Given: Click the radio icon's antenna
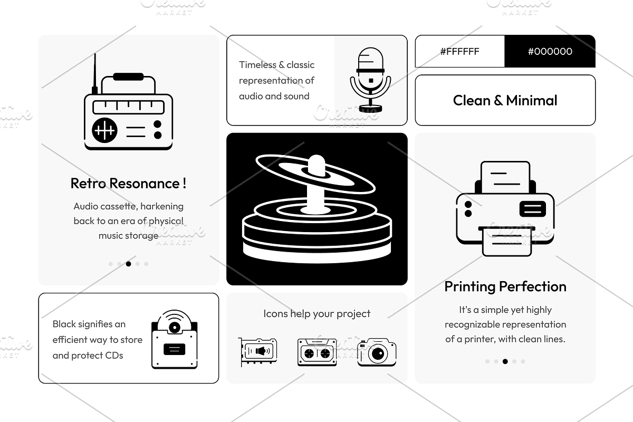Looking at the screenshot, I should (x=95, y=74).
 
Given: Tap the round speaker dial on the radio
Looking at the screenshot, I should (x=104, y=130).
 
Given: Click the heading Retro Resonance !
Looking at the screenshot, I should (x=128, y=184).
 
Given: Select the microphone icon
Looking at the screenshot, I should (x=370, y=79).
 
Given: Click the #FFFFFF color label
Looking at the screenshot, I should (x=459, y=51).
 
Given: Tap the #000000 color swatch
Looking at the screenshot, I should (x=550, y=51).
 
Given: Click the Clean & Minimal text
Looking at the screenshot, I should (x=505, y=100).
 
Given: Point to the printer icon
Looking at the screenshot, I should (x=505, y=208).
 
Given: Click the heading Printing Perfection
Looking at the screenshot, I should (x=505, y=286).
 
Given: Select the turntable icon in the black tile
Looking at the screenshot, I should (x=316, y=208).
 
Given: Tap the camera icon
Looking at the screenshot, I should (x=377, y=352).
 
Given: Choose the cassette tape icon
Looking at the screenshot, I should (x=316, y=352).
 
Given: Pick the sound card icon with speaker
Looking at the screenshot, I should (x=257, y=352).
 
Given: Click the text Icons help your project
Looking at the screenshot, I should (x=316, y=314).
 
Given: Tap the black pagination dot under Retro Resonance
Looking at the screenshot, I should (x=128, y=264).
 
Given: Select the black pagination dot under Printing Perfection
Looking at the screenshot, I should (x=505, y=361).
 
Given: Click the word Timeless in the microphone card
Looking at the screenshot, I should (x=257, y=65).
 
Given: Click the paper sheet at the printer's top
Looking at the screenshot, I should (x=505, y=177).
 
